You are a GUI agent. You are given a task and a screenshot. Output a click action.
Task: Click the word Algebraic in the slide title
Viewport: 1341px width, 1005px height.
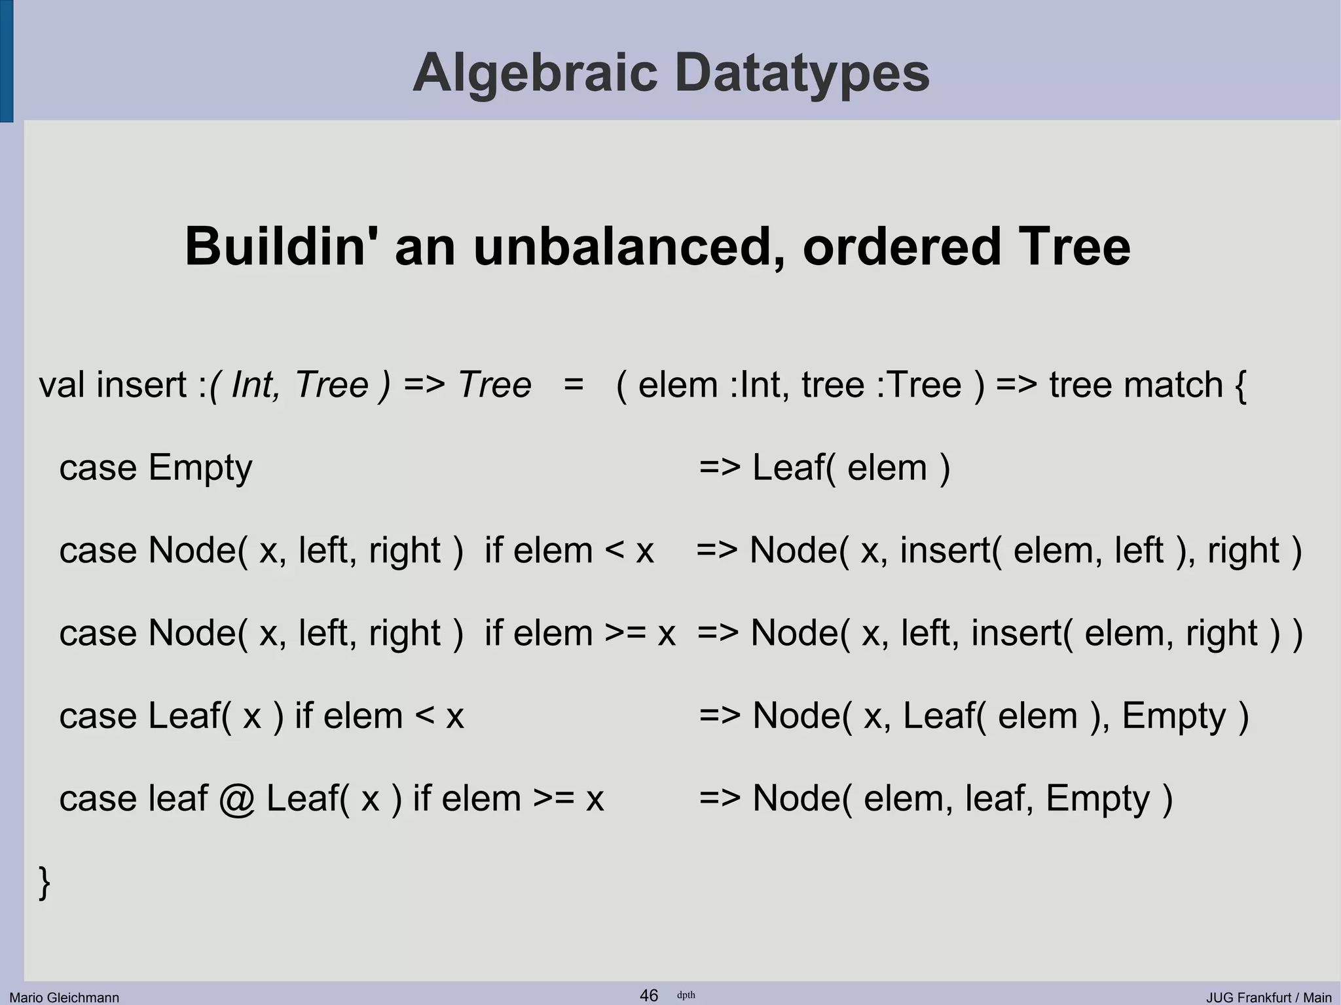tap(534, 73)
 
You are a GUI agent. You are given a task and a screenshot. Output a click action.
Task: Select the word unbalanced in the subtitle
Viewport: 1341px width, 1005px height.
tap(622, 247)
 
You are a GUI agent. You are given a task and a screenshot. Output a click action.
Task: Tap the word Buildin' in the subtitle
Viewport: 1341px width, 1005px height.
tap(274, 247)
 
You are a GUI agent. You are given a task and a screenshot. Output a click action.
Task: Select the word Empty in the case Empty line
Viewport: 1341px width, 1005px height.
tap(200, 469)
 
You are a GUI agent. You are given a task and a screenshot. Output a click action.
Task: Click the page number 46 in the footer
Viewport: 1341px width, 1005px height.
tap(648, 995)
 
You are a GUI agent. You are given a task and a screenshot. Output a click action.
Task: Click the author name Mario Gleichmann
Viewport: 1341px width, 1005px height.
tap(64, 997)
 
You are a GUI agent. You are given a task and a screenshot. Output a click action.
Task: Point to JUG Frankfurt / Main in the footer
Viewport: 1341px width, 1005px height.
tap(1268, 997)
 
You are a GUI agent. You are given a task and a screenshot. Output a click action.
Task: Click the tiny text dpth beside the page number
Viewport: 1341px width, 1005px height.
tap(686, 995)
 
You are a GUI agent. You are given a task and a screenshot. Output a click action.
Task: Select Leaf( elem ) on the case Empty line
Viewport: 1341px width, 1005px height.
tap(851, 469)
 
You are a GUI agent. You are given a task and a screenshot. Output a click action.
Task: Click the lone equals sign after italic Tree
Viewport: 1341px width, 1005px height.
tap(573, 385)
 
